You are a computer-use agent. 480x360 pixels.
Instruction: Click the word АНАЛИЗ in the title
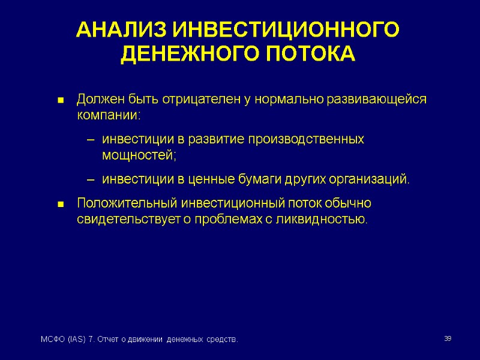[x=121, y=30]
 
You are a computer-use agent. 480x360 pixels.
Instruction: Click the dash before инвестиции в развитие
[x=91, y=140]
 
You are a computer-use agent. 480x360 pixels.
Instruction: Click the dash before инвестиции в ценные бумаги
[x=91, y=180]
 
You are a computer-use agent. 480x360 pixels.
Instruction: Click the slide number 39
[x=447, y=340]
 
